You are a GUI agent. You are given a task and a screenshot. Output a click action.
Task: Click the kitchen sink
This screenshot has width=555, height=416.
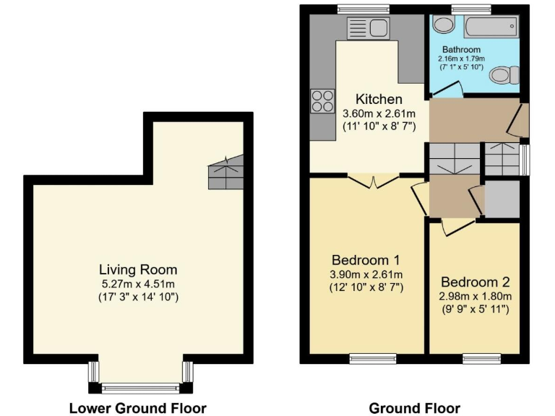coord(369,30)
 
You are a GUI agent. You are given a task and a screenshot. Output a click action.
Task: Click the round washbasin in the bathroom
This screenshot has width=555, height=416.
coord(442,26)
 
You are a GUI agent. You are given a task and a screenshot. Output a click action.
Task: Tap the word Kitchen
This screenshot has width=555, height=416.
coord(379,99)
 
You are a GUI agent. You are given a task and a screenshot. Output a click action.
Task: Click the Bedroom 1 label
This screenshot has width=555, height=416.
coord(366,260)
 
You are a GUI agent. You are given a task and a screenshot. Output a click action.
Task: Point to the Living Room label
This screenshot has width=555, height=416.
coord(138,270)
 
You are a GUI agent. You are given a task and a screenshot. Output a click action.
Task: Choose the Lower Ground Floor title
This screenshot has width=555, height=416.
coord(137,408)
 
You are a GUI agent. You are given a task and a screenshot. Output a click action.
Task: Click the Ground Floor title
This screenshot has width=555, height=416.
coord(414,408)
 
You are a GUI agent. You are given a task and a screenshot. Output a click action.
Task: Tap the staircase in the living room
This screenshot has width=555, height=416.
coord(224,173)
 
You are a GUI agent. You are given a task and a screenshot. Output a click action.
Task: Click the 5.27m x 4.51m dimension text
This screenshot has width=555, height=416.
coord(138,284)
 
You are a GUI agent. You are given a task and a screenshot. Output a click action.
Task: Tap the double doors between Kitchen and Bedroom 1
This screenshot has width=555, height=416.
coord(373,181)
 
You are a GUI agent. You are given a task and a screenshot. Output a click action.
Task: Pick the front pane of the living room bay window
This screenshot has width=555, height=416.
coord(139,389)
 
